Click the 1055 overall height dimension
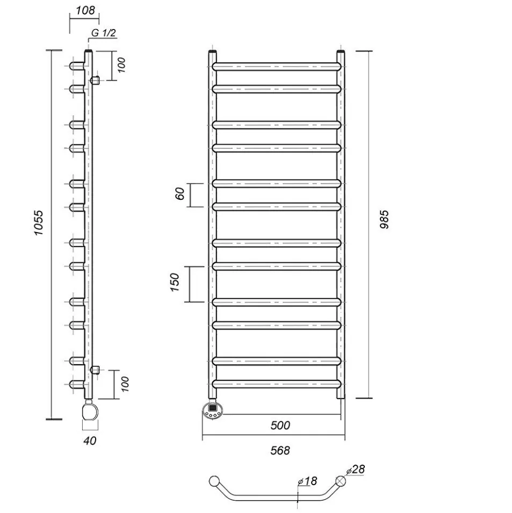click(x=39, y=223)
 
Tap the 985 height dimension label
click(x=385, y=219)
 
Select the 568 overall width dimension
click(x=280, y=451)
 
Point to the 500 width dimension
click(x=280, y=425)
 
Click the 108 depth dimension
click(x=85, y=10)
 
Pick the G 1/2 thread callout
click(x=103, y=33)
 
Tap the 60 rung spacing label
click(x=181, y=194)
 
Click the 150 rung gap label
click(x=175, y=283)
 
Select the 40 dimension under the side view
click(x=90, y=440)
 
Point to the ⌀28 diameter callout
click(x=355, y=469)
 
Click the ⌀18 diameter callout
click(x=307, y=481)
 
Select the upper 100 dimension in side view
click(x=121, y=65)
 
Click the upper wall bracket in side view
click(x=95, y=80)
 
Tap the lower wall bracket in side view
click(x=95, y=370)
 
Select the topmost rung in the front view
click(x=277, y=67)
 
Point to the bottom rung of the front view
click(x=277, y=384)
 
